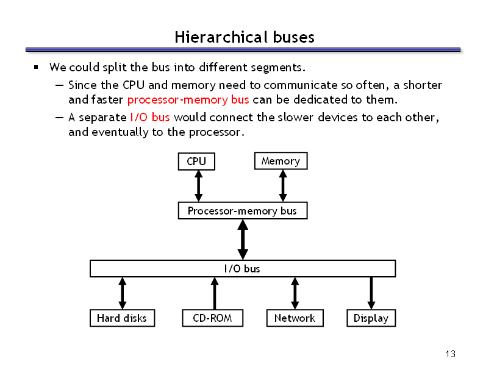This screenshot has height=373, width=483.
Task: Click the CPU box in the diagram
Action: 196,162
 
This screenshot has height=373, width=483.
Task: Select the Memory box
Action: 281,161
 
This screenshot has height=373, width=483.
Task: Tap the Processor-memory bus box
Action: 243,210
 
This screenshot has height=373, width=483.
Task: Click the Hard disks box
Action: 123,318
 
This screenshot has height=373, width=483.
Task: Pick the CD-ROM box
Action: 213,318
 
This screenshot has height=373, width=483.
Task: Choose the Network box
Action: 295,318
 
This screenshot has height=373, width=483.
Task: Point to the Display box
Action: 371,318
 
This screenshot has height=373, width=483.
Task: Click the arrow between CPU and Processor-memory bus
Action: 199,186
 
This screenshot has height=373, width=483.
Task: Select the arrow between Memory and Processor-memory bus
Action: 283,185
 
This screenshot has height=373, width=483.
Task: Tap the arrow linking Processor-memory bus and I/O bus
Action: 243,240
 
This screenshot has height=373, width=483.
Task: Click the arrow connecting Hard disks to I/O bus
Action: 123,293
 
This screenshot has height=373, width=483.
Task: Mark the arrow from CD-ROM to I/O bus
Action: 215,293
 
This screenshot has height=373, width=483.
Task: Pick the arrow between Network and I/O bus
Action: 295,293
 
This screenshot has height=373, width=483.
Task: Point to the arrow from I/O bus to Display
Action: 371,293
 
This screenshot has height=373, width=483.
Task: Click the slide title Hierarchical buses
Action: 245,37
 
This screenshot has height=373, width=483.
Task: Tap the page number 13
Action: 450,354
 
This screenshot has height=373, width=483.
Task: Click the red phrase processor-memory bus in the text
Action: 188,100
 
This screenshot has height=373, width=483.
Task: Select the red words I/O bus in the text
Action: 149,117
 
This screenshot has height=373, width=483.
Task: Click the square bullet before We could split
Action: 36,67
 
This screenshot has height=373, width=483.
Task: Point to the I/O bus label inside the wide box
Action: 242,269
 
